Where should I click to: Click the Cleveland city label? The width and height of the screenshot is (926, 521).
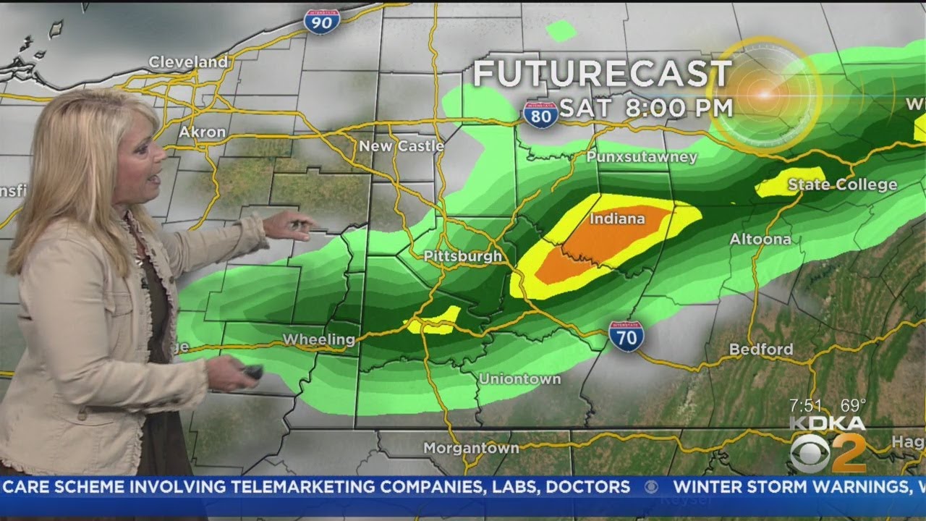188,62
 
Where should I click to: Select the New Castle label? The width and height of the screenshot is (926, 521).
402,146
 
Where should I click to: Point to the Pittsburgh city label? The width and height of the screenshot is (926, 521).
463,256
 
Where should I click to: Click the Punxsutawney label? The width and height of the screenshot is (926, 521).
642,157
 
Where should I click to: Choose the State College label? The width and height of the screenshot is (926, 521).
842,185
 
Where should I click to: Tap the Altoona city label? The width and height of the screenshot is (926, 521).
760,239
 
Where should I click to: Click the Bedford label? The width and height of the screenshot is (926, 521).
761,350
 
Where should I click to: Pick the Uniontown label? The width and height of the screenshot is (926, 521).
519,379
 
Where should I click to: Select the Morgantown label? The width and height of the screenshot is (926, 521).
471,448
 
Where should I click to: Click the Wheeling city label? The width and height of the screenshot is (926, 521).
319,339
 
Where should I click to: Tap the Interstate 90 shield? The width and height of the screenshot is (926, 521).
323,22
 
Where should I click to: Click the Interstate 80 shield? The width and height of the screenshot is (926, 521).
540,114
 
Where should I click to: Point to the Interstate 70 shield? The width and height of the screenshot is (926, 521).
626,336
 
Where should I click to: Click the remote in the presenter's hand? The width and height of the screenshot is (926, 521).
252,372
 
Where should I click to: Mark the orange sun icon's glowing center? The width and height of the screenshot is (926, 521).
764,94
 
